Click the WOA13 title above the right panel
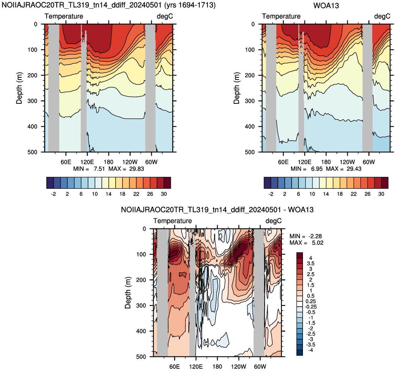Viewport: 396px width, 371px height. (326, 5)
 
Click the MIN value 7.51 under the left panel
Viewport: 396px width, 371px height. (99, 169)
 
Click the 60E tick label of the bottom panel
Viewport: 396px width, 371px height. (175, 366)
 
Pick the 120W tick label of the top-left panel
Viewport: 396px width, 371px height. (130, 162)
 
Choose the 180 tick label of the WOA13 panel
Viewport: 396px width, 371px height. (326, 162)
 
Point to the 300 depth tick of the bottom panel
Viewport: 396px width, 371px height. (141, 305)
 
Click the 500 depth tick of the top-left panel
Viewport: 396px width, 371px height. (32, 152)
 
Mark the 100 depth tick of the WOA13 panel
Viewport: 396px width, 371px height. (250, 50)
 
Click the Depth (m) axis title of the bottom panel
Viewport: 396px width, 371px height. (128, 293)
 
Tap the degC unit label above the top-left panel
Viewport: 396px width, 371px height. (165, 16)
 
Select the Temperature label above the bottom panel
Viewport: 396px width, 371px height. (172, 221)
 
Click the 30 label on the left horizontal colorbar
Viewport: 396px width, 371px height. (164, 194)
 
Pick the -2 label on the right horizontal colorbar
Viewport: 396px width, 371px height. (271, 194)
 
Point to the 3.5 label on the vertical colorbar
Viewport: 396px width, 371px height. (311, 263)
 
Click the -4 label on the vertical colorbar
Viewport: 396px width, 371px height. (311, 350)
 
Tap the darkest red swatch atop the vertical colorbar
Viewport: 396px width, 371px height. (299, 255)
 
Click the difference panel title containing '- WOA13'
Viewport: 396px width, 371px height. (217, 209)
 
